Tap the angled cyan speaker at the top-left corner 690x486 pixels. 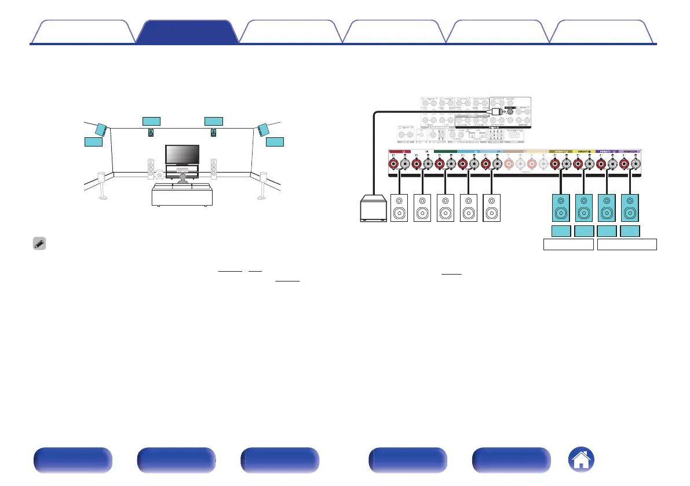101,129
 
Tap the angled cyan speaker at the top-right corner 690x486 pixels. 264,129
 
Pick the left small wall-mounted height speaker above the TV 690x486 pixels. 151,133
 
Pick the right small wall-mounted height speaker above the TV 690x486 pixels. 214,133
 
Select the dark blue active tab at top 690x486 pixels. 187,32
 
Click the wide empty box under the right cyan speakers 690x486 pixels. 627,244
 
